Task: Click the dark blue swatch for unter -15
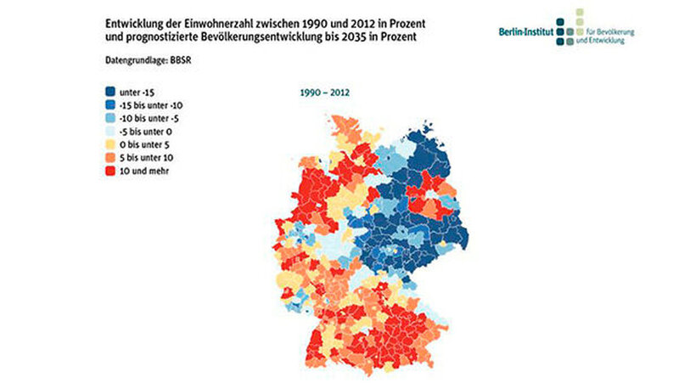[110, 92]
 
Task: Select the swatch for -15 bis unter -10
[110, 104]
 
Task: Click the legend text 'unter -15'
[140, 92]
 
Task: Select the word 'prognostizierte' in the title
[156, 38]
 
